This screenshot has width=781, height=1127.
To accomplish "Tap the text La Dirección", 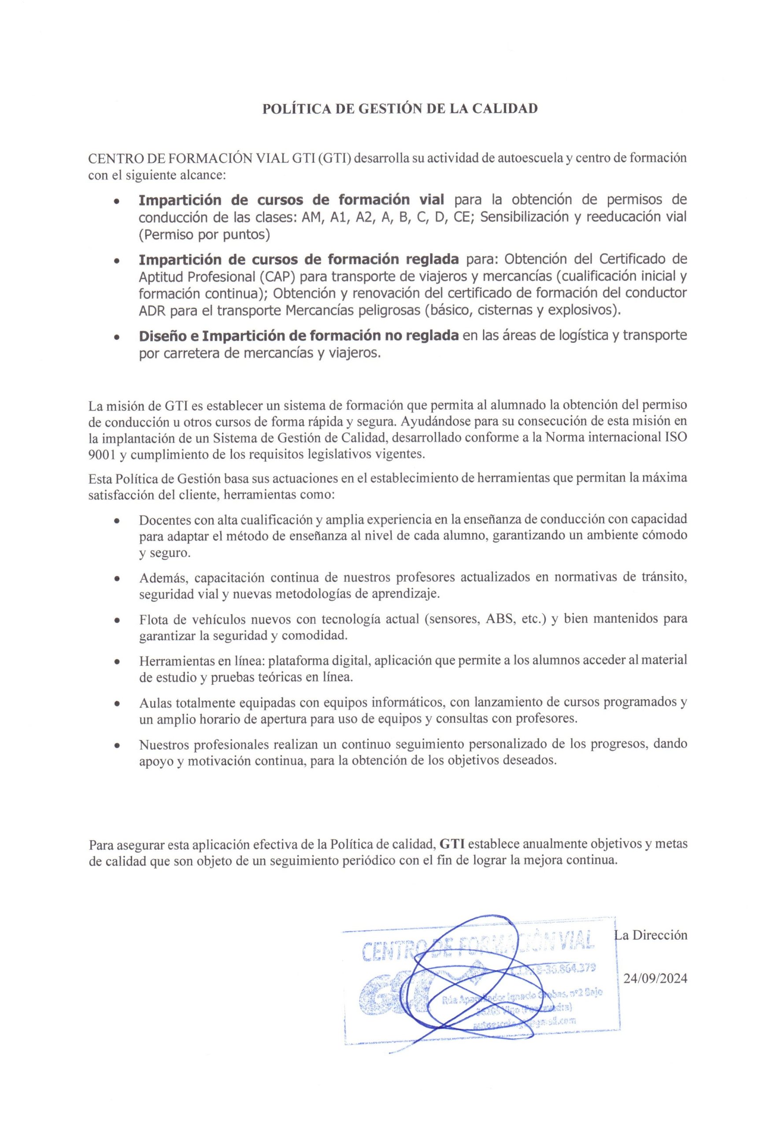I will (651, 935).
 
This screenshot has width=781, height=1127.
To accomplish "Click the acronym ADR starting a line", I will (151, 310).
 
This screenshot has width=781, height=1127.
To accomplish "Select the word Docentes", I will (164, 519).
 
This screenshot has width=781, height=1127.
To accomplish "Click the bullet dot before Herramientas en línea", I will (117, 662).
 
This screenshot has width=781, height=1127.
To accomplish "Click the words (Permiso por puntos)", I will (204, 235).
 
